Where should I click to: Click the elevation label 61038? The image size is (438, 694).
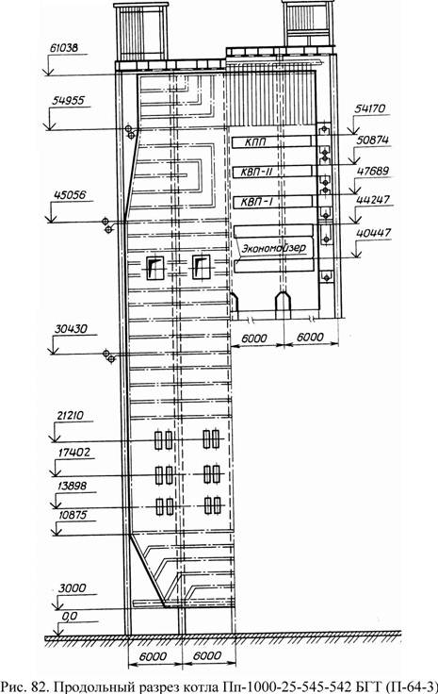tap(64, 48)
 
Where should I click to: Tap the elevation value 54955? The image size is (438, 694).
tap(68, 101)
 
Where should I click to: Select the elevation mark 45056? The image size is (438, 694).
tap(70, 195)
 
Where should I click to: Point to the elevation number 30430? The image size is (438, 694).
tap(71, 329)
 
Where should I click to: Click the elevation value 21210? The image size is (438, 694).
tap(71, 416)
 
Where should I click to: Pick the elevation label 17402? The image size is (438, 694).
tap(73, 453)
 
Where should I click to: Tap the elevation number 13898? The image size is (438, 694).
tap(72, 486)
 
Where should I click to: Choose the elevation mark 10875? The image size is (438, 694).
tap(72, 515)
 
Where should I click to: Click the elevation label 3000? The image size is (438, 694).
tap(73, 588)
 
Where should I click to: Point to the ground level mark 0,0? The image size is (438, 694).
tap(70, 616)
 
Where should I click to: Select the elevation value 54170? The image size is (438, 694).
tap(370, 108)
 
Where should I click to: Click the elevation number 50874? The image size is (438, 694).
tap(373, 140)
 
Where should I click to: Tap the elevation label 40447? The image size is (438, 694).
tap(373, 233)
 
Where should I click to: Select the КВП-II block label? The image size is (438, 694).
tap(256, 172)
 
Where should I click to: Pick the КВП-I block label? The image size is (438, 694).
tap(257, 203)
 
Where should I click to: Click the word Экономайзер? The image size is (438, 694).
tap(273, 248)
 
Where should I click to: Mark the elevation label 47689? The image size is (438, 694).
tap(372, 171)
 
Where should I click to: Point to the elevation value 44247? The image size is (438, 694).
tap(373, 200)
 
